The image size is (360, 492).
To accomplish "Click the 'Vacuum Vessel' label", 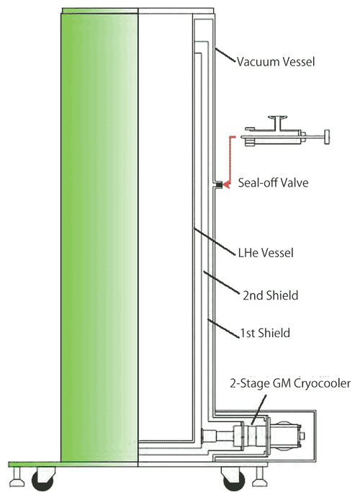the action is click(x=275, y=61).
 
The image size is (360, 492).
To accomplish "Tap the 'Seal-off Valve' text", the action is click(x=273, y=183).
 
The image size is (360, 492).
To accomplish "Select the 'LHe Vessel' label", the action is click(x=266, y=253).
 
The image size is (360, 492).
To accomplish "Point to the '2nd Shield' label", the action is click(x=270, y=295).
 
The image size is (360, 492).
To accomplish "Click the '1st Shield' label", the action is click(x=265, y=333).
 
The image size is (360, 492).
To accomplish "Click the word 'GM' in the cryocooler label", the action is click(x=272, y=383).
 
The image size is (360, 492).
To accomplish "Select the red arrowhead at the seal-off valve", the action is click(x=226, y=185).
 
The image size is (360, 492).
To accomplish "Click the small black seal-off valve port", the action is click(x=219, y=185).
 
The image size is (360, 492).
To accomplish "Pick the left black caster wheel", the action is click(x=43, y=480).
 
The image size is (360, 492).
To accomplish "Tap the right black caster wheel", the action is click(x=233, y=480).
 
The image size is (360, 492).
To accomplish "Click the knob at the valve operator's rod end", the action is click(x=327, y=137).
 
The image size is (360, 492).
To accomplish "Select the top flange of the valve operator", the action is click(x=278, y=118).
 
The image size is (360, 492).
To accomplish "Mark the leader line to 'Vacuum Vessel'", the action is click(x=225, y=55).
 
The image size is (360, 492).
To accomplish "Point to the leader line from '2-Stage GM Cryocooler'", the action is click(x=260, y=407).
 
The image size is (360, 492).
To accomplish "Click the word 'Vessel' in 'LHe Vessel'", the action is click(x=277, y=253).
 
